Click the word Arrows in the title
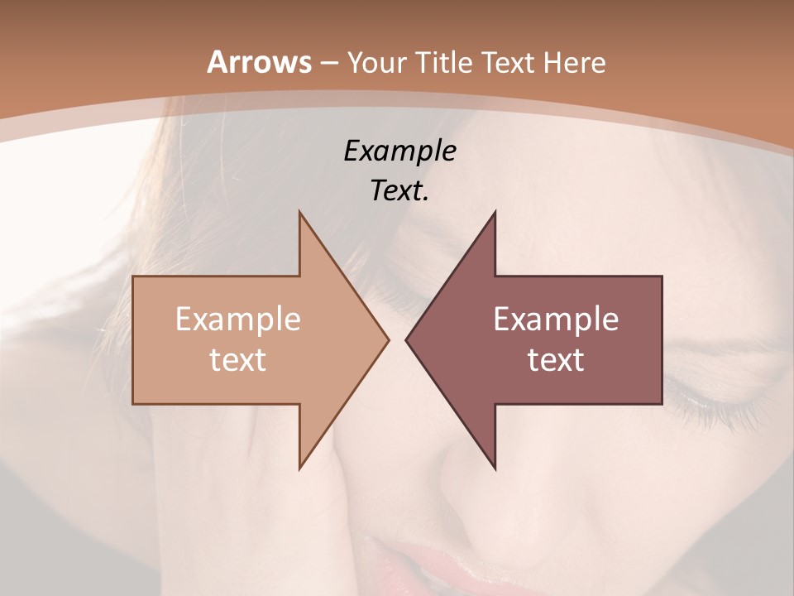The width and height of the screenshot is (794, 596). tap(260, 62)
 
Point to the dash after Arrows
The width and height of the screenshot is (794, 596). tap(328, 63)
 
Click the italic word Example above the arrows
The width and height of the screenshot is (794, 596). tap(399, 151)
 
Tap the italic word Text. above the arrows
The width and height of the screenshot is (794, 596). tap(399, 190)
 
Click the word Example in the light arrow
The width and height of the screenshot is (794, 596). tap(238, 319)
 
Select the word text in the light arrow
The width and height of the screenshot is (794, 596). tap(238, 359)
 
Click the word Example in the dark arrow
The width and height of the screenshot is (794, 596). tap(556, 319)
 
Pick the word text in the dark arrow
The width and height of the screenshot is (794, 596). tap(556, 359)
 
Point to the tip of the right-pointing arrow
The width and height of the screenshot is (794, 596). tap(387, 339)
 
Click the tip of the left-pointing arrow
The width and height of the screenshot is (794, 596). tap(407, 339)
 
